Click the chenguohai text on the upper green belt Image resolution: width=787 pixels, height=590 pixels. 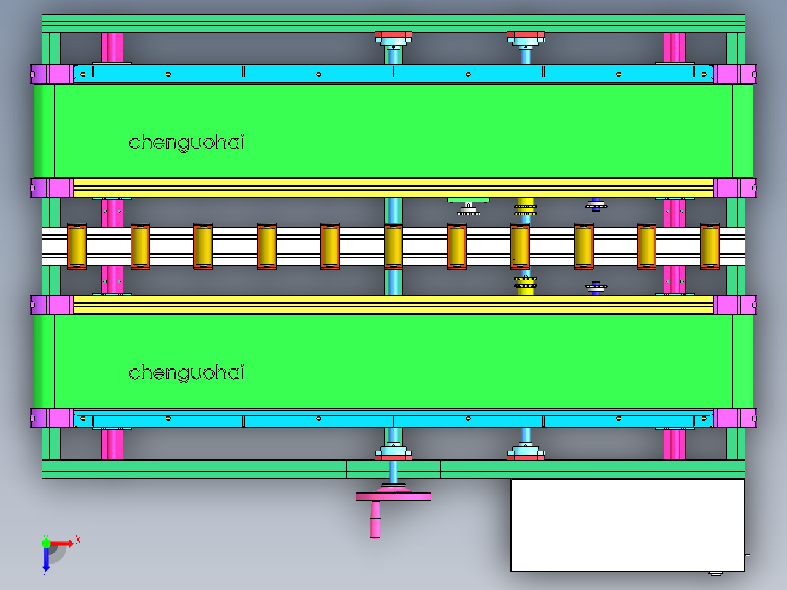186,142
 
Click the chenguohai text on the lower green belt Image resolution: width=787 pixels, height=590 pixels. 186,372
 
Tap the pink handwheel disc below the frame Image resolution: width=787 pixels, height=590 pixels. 393,497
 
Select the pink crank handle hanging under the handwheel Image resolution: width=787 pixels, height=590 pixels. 375,519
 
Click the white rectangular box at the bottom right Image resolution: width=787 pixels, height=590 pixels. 627,525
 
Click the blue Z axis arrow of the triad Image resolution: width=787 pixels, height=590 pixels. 45,559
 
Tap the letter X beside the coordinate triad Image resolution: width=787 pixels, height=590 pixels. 78,540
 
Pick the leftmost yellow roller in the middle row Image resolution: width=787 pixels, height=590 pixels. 77,246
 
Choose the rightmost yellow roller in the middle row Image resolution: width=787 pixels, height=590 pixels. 710,246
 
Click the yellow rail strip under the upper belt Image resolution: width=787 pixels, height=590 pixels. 393,187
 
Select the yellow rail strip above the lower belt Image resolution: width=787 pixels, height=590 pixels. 393,304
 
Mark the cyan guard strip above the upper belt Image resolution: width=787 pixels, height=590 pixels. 393,72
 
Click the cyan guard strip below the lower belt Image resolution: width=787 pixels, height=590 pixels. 393,421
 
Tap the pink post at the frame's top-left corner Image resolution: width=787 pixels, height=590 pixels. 112,47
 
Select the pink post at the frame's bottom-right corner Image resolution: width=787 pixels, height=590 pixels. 674,444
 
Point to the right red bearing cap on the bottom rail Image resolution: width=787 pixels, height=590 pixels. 526,456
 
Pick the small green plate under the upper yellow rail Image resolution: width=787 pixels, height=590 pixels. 467,199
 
